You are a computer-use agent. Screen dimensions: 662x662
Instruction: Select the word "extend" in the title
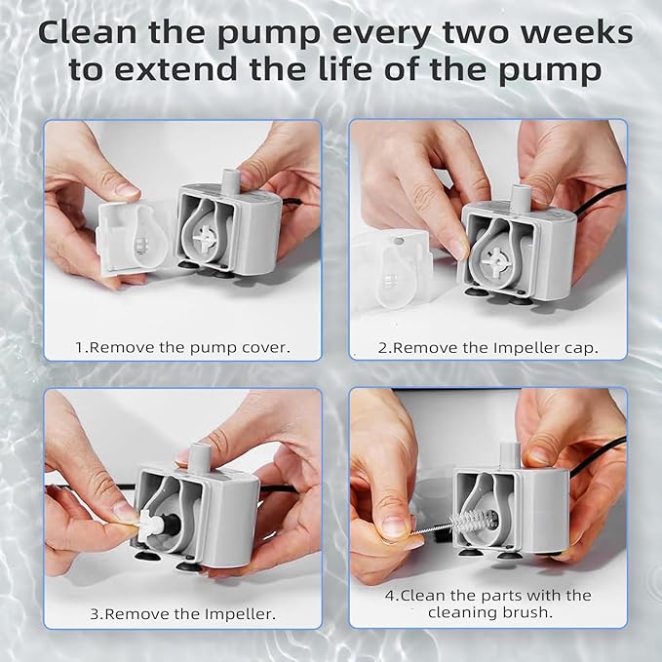tap(211, 72)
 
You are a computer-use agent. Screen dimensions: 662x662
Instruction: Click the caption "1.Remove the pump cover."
tap(183, 346)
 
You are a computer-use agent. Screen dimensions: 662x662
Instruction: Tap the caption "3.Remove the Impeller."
tap(182, 614)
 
